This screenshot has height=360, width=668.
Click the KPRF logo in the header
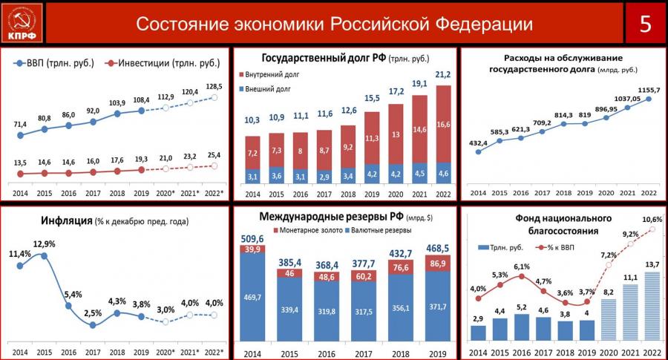pyautogui.click(x=24, y=23)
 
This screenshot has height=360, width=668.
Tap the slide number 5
pyautogui.click(x=644, y=24)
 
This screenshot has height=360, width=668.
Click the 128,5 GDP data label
pyautogui.click(x=215, y=86)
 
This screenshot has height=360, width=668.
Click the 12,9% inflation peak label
pyautogui.click(x=44, y=244)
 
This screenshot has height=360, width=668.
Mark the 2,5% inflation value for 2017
pyautogui.click(x=93, y=313)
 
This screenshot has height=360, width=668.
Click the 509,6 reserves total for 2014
pyautogui.click(x=252, y=239)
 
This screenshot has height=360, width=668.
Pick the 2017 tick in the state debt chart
pyautogui.click(x=324, y=194)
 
